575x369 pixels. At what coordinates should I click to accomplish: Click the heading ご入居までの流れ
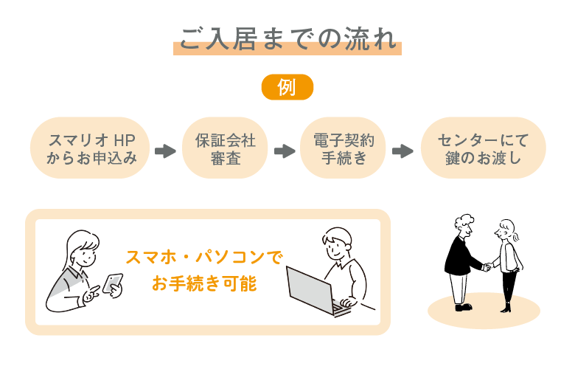pyautogui.click(x=287, y=38)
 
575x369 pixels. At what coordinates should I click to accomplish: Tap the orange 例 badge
pyautogui.click(x=287, y=87)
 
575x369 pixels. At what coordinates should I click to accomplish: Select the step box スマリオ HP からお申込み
pyautogui.click(x=91, y=148)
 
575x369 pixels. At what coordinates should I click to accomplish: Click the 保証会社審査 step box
pyautogui.click(x=223, y=148)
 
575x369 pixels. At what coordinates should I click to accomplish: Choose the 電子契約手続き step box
pyautogui.click(x=344, y=148)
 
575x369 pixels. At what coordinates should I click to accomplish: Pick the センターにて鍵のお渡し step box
pyautogui.click(x=483, y=148)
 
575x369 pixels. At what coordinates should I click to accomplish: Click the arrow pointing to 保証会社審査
pyautogui.click(x=165, y=151)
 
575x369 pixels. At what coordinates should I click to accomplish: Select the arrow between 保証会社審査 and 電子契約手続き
pyautogui.click(x=284, y=151)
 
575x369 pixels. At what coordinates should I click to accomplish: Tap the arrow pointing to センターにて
pyautogui.click(x=402, y=151)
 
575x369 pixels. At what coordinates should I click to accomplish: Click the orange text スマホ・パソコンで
pyautogui.click(x=204, y=258)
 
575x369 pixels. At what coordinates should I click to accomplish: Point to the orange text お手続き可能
pyautogui.click(x=204, y=283)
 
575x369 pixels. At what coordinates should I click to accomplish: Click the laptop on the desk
pyautogui.click(x=313, y=291)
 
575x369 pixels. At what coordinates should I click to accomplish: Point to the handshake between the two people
pyautogui.click(x=487, y=266)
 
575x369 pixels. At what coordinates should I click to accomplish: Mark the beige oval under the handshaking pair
pyautogui.click(x=484, y=311)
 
